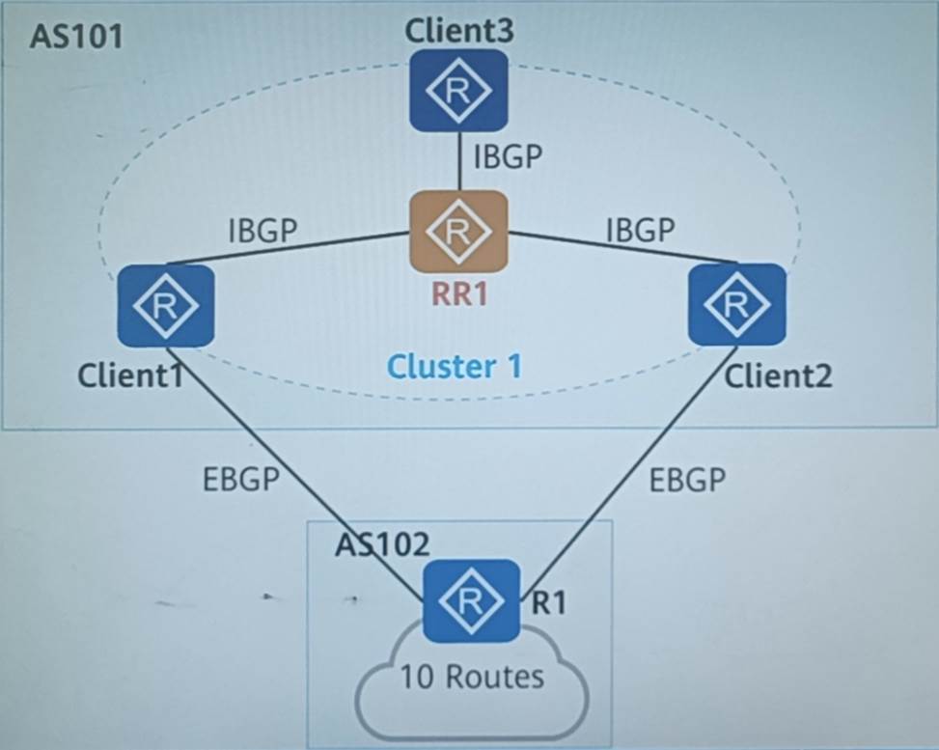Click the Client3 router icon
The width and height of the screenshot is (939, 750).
tap(459, 91)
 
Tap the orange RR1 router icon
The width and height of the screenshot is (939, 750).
tap(459, 232)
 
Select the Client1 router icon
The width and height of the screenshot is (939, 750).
tap(165, 306)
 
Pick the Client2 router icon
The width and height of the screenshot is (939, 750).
tap(736, 304)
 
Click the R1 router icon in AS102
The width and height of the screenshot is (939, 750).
tap(472, 599)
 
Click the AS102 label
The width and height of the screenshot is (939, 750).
tap(382, 544)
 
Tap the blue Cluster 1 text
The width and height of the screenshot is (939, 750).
tap(455, 366)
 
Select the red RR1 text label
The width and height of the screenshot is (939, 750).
tap(458, 293)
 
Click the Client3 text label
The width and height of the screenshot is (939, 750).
tap(459, 31)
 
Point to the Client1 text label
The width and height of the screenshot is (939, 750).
tap(131, 375)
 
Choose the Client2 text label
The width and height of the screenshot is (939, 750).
tap(778, 375)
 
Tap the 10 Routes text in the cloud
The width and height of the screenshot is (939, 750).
tap(473, 676)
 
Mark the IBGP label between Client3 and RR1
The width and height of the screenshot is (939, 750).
tap(509, 156)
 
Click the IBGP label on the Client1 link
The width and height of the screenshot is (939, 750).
tap(262, 231)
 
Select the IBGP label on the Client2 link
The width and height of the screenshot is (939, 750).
tap(640, 231)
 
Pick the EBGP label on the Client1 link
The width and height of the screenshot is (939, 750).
tap(241, 480)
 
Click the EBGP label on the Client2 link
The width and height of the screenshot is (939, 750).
tap(687, 480)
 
